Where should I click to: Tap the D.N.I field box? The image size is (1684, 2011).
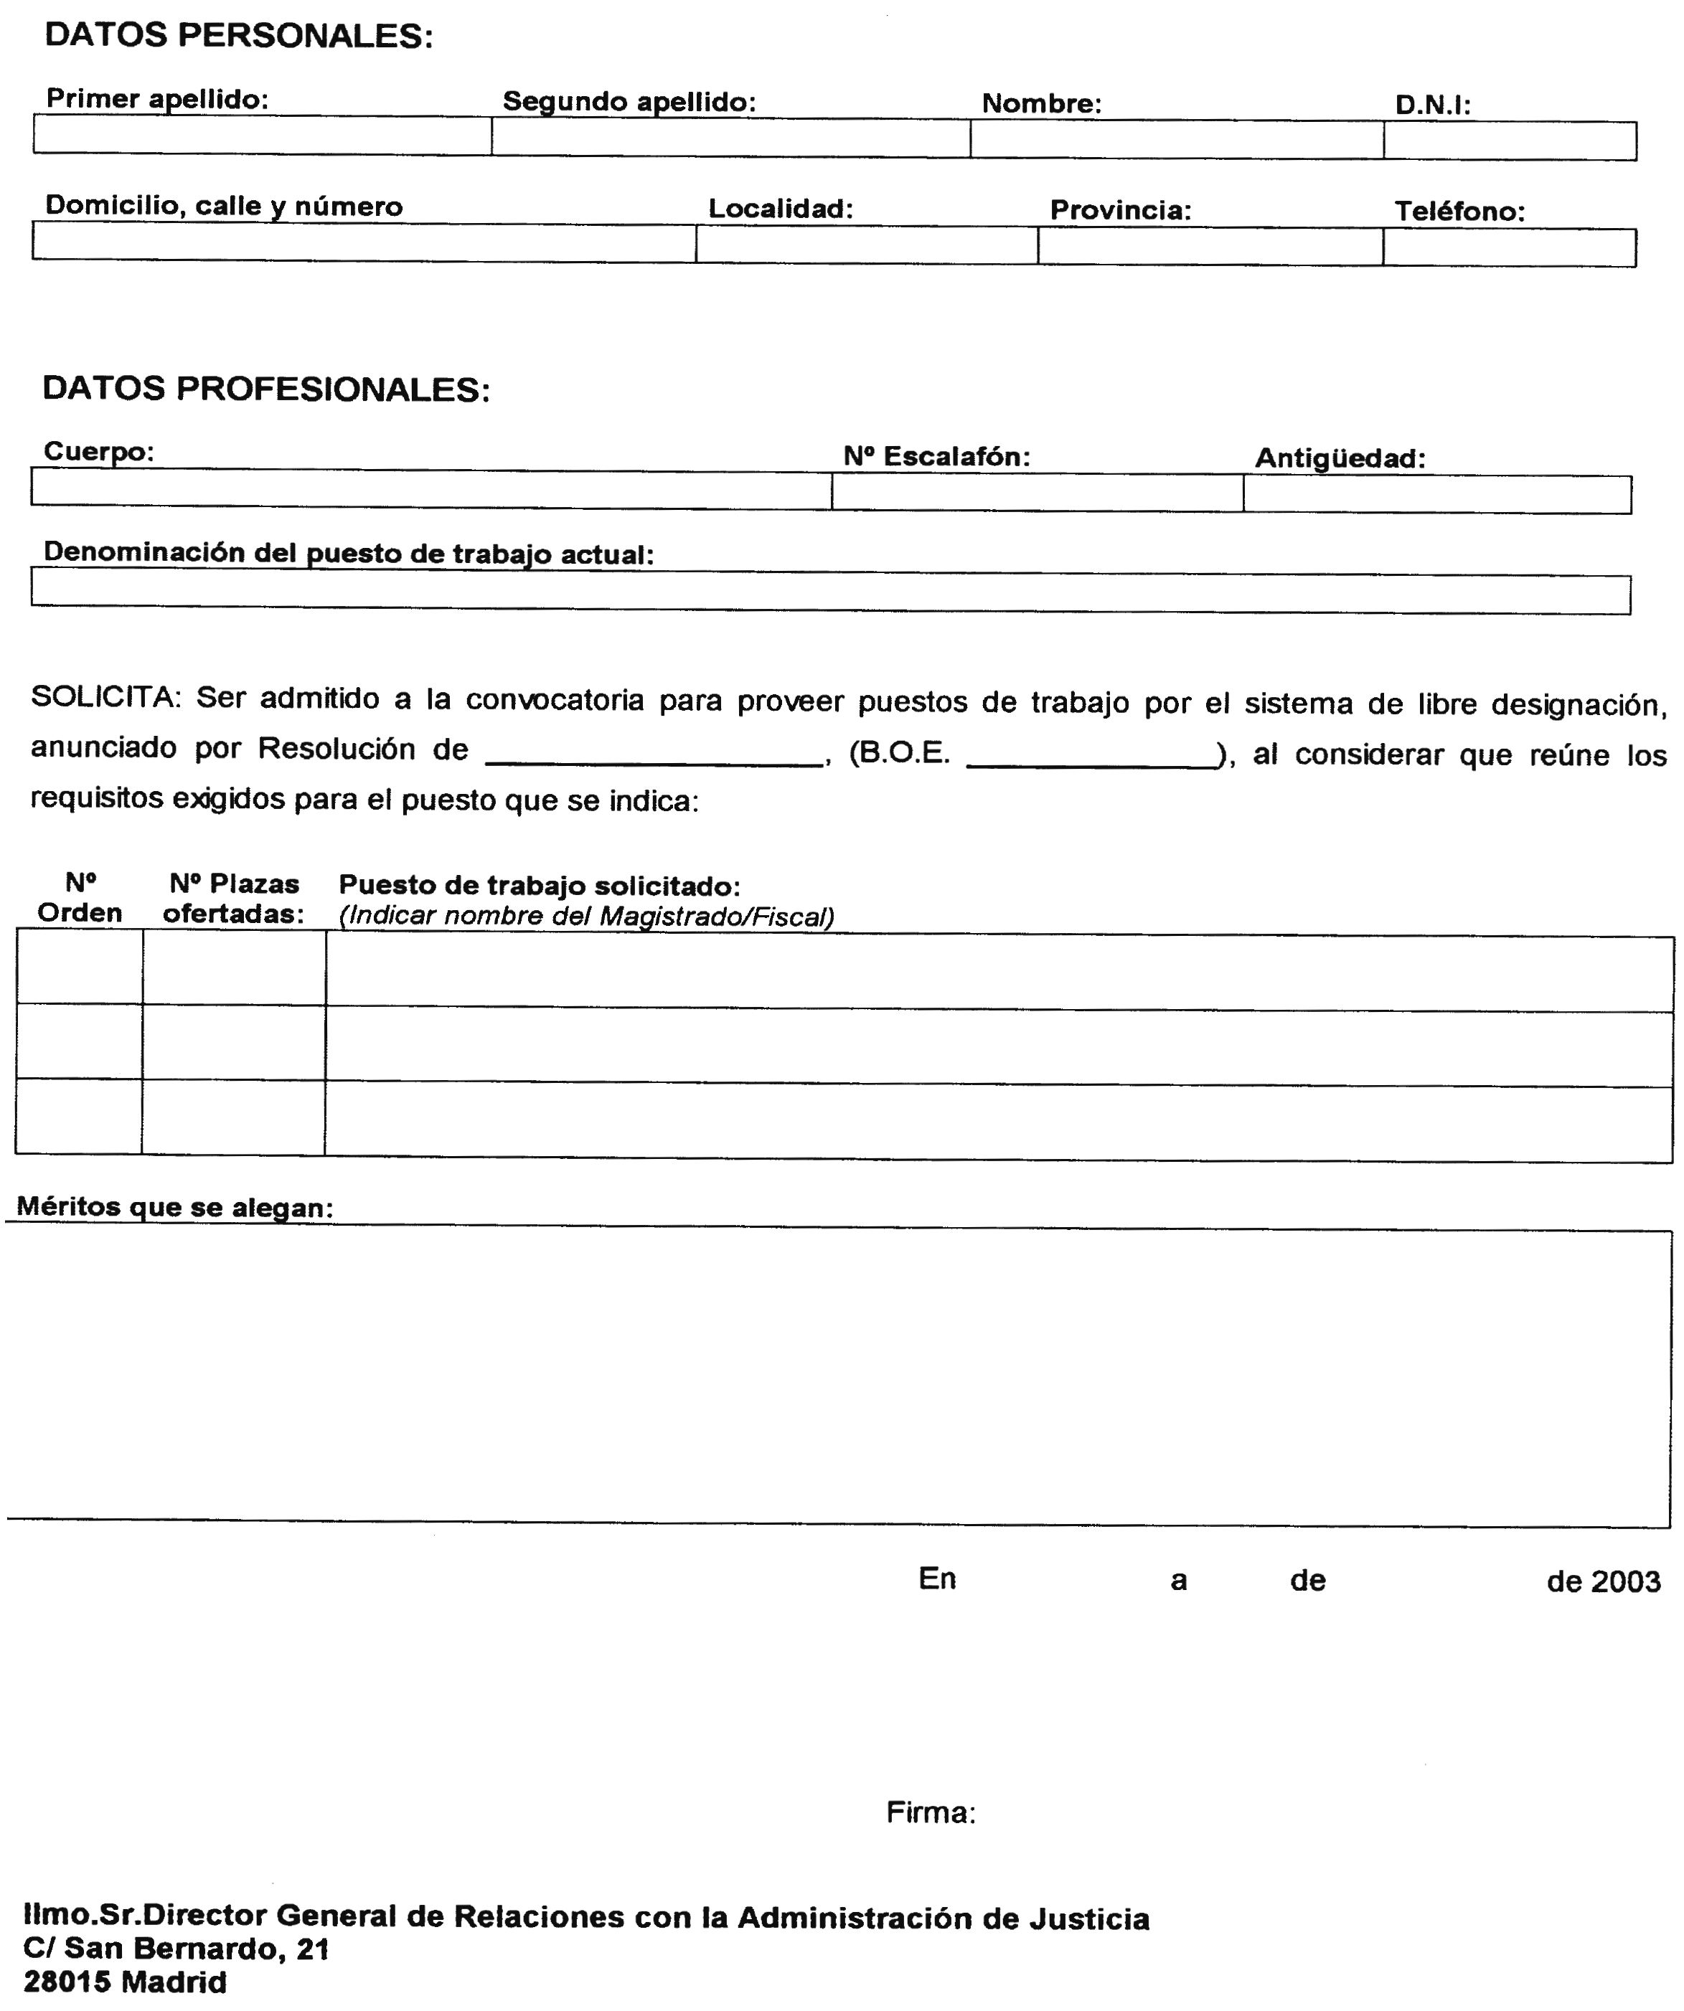(x=1509, y=141)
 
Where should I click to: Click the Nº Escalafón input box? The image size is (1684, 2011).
(x=1037, y=492)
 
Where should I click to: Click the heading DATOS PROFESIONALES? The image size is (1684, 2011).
(x=265, y=389)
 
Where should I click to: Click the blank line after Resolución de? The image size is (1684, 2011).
(x=655, y=754)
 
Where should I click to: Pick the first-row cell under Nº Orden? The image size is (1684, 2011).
(x=80, y=969)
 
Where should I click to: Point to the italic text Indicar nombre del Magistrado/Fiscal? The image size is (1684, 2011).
(x=586, y=917)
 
